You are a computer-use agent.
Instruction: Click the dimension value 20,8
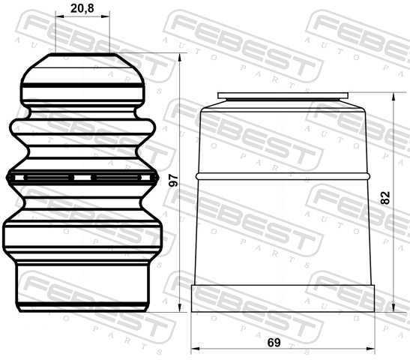pyautogui.click(x=82, y=8)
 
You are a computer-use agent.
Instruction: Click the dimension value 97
pyautogui.click(x=173, y=181)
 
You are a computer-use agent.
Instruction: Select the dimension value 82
pyautogui.click(x=385, y=198)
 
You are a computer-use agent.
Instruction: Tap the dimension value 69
pyautogui.click(x=274, y=342)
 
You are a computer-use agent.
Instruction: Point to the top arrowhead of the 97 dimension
pyautogui.click(x=179, y=57)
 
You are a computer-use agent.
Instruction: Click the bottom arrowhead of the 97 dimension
pyautogui.click(x=179, y=308)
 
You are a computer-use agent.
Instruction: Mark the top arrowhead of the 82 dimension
pyautogui.click(x=393, y=97)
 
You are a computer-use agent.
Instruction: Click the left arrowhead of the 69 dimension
pyautogui.click(x=196, y=349)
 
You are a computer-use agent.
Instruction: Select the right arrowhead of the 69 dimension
pyautogui.click(x=370, y=349)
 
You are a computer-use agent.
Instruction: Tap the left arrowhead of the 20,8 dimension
pyautogui.click(x=60, y=16)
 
